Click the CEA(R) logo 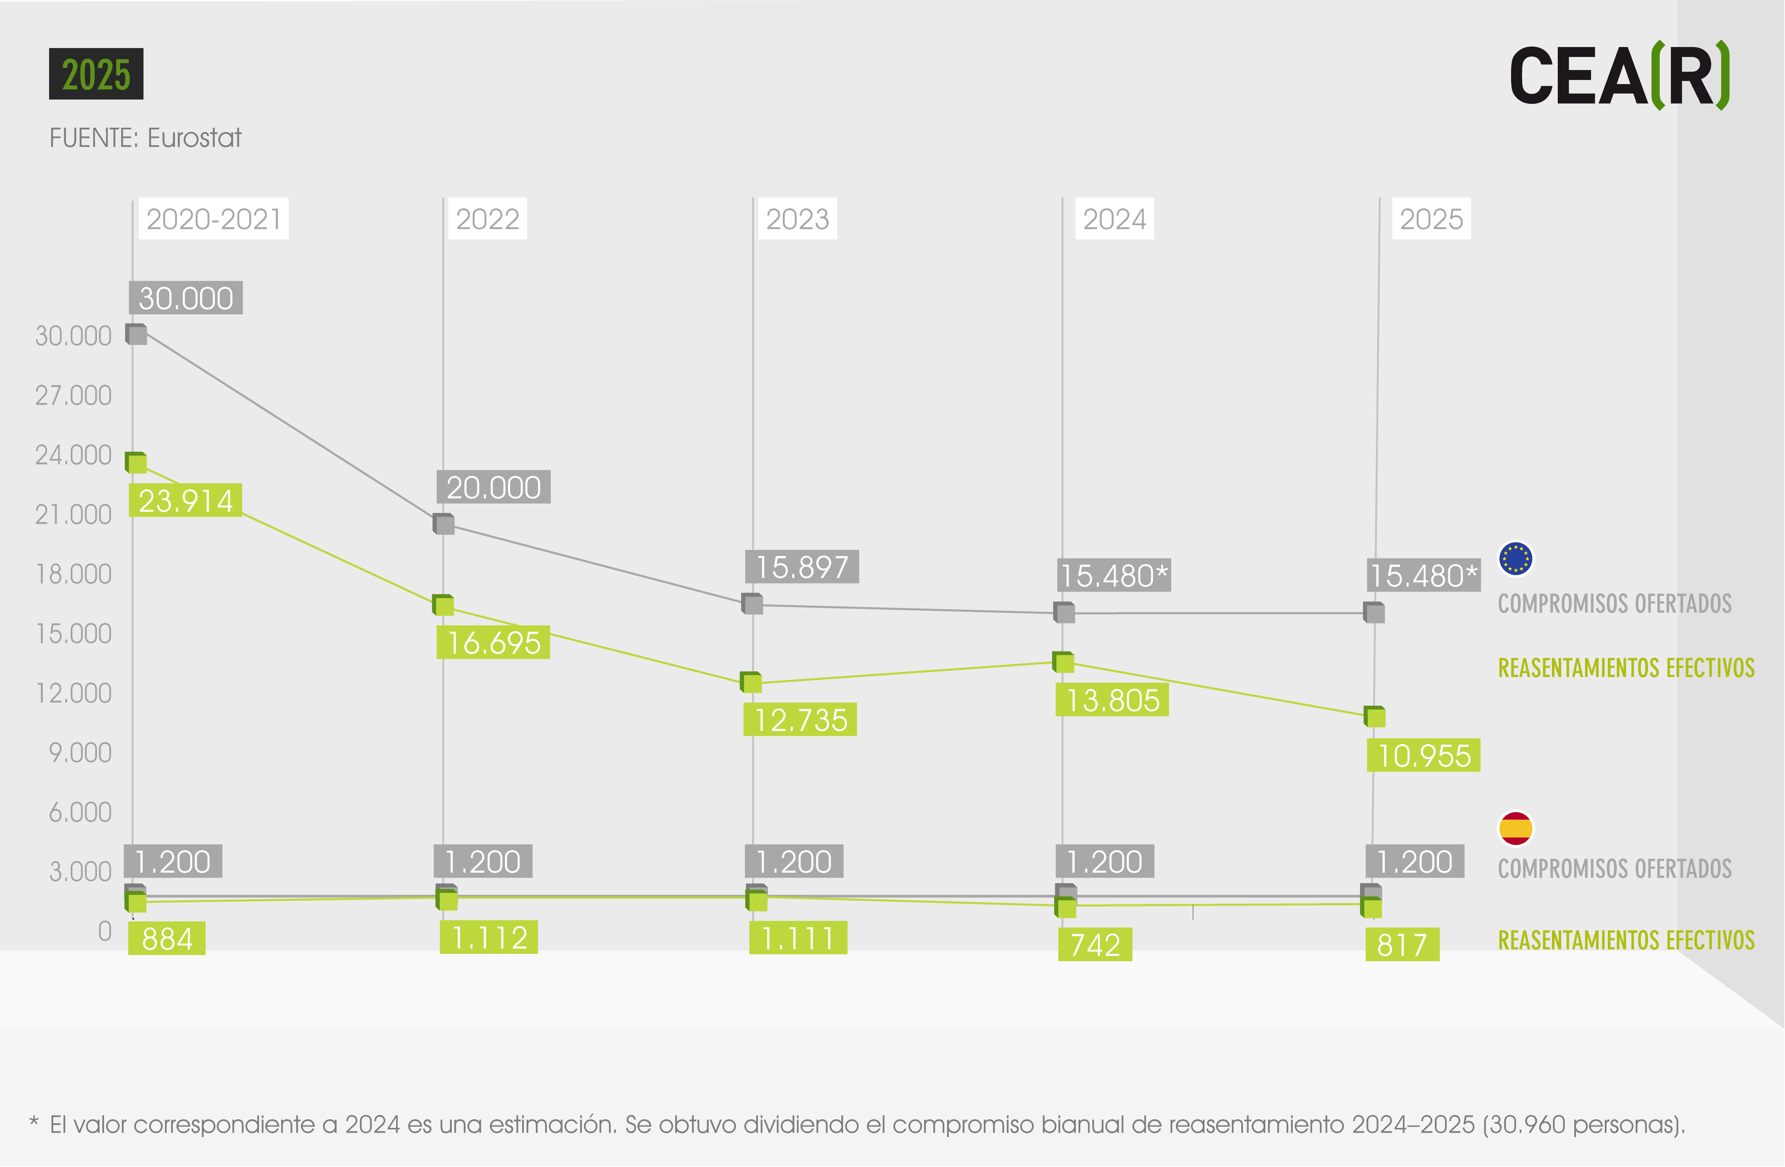1620,75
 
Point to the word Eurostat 194,138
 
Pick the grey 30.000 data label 186,298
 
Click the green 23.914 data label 185,500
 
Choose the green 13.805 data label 1112,700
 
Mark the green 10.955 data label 1424,755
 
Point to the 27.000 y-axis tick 73,395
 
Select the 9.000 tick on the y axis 80,752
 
